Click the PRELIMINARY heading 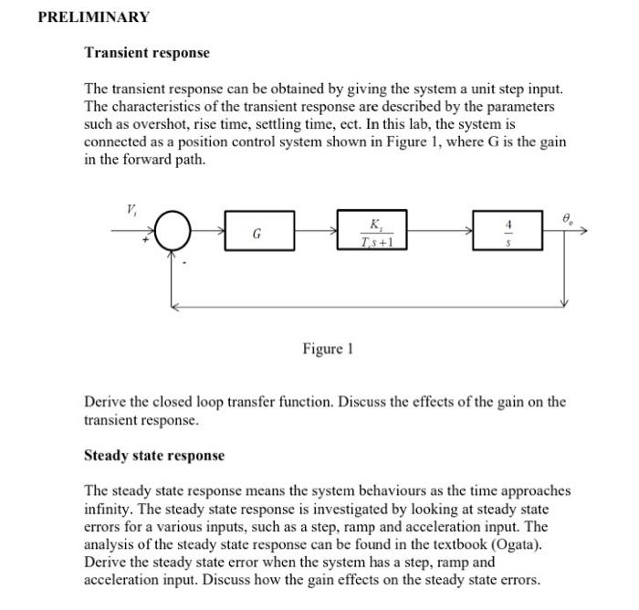(x=93, y=17)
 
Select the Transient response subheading (x=146, y=53)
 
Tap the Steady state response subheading (x=153, y=455)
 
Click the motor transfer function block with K (x=372, y=232)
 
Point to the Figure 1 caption (x=326, y=349)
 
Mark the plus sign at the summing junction (x=143, y=246)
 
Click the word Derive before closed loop (x=105, y=402)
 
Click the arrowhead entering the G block (x=222, y=232)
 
